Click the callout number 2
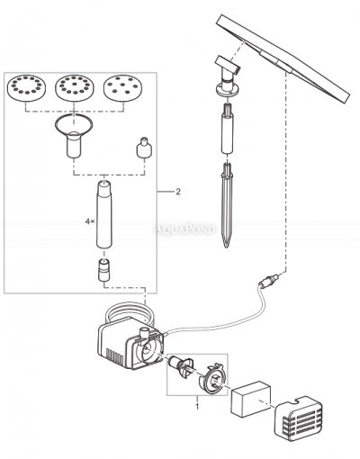pos(178,192)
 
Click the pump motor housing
pos(117,342)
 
